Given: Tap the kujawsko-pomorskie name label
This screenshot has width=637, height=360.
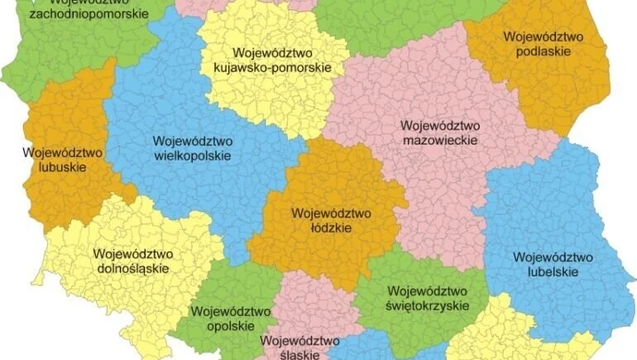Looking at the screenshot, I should pos(273,68).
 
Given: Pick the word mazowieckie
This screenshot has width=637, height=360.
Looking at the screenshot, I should pos(440,138).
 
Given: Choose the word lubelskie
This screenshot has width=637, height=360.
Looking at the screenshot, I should pos(546,271).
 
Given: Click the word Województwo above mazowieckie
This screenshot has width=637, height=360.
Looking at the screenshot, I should pos(440,124).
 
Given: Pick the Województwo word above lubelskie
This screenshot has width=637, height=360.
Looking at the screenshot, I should pos(546,257).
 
